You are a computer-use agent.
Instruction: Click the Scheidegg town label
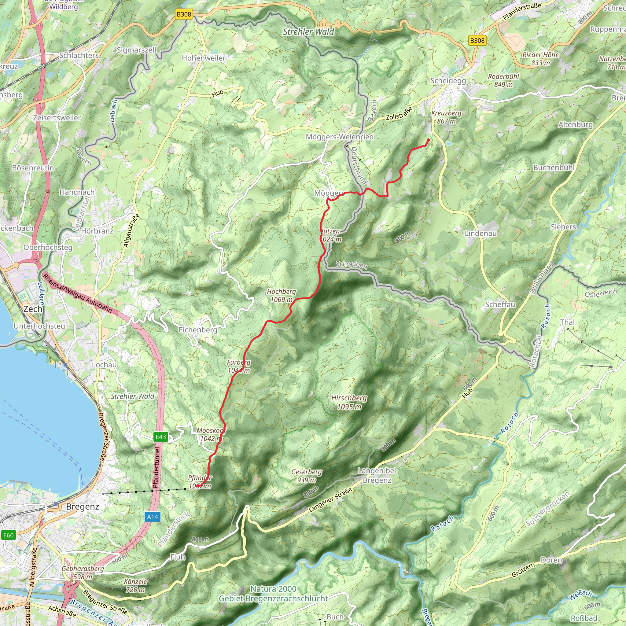[448, 81]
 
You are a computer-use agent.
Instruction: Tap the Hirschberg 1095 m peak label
[349, 402]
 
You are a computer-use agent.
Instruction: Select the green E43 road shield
[161, 437]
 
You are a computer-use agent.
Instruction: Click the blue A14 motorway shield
[153, 517]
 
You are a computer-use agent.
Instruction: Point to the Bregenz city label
[82, 506]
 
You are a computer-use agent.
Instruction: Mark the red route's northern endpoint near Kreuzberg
[428, 140]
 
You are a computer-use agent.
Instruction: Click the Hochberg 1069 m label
[281, 296]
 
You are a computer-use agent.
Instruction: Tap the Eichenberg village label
[198, 330]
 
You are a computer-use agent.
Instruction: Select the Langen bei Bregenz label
[377, 475]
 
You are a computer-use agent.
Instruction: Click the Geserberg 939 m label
[307, 476]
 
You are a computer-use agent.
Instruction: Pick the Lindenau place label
[481, 233]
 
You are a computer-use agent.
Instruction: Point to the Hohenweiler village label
[204, 58]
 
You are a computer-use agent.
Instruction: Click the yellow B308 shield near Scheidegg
[477, 41]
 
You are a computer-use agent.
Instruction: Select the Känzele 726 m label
[135, 585]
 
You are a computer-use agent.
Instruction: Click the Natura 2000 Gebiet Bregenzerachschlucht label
[273, 594]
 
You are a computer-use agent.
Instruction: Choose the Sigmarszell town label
[136, 50]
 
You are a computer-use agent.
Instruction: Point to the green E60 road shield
[9, 535]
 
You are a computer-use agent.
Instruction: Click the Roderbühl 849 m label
[503, 80]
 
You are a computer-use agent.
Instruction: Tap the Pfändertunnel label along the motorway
[156, 468]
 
